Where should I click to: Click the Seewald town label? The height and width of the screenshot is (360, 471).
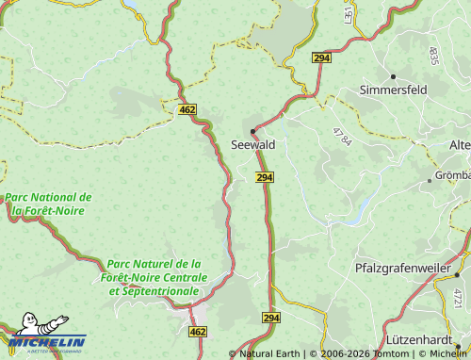pos(253,145)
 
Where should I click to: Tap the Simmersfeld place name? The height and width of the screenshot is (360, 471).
pos(393,90)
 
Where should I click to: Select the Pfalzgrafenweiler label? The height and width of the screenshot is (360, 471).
pos(403,269)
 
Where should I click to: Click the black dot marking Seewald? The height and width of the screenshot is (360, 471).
pos(252,131)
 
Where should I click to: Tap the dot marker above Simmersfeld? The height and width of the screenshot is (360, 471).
pos(392,75)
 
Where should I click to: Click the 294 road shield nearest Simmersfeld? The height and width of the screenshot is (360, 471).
pos(321,58)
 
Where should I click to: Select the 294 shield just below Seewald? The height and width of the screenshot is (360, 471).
pos(265,177)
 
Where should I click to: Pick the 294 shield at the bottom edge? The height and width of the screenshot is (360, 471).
pos(271,319)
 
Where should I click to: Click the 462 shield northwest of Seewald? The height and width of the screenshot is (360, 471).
pos(187,110)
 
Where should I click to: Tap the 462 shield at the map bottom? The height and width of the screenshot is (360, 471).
pos(198,332)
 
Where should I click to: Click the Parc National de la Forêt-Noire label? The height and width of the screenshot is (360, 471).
pos(48,204)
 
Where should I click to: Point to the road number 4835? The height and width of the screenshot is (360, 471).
pos(433,55)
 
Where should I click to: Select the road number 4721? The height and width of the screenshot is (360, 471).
pos(458,300)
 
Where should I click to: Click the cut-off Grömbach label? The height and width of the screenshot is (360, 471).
pos(452,175)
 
